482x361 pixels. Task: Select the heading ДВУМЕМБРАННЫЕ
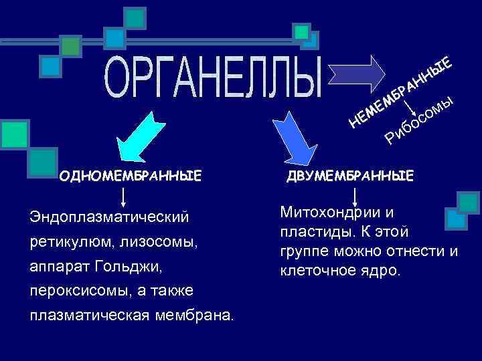pos(350,176)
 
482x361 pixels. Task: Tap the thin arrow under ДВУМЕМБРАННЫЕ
pos(354,195)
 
